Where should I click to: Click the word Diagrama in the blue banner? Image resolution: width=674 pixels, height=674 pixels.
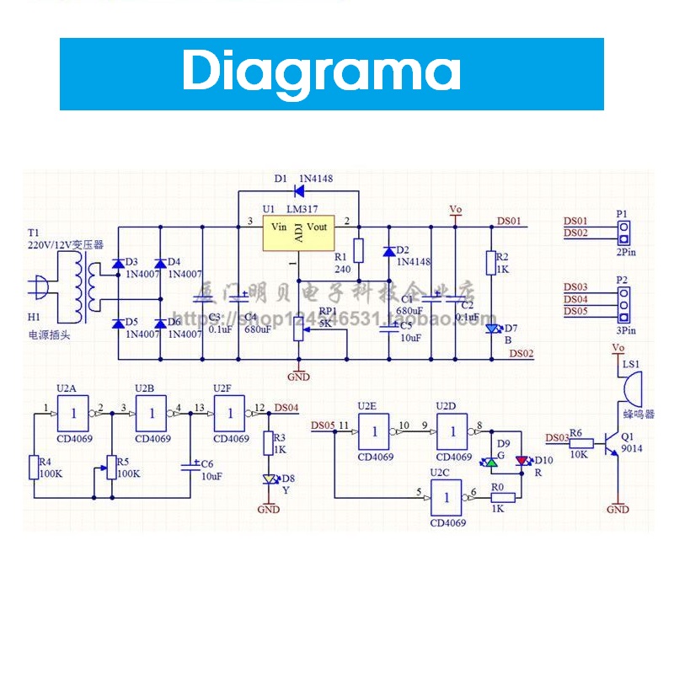321,72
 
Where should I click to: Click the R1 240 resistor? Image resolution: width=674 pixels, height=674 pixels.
358,250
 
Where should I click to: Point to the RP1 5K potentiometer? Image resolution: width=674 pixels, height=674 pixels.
297,330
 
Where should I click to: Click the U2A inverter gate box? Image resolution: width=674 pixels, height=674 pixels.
72,413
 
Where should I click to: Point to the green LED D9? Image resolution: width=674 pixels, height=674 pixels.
492,462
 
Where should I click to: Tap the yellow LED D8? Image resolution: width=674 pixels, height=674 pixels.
269,479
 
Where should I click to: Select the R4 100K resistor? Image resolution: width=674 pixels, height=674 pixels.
35,467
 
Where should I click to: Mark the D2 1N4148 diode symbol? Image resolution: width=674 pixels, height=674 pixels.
388,251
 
